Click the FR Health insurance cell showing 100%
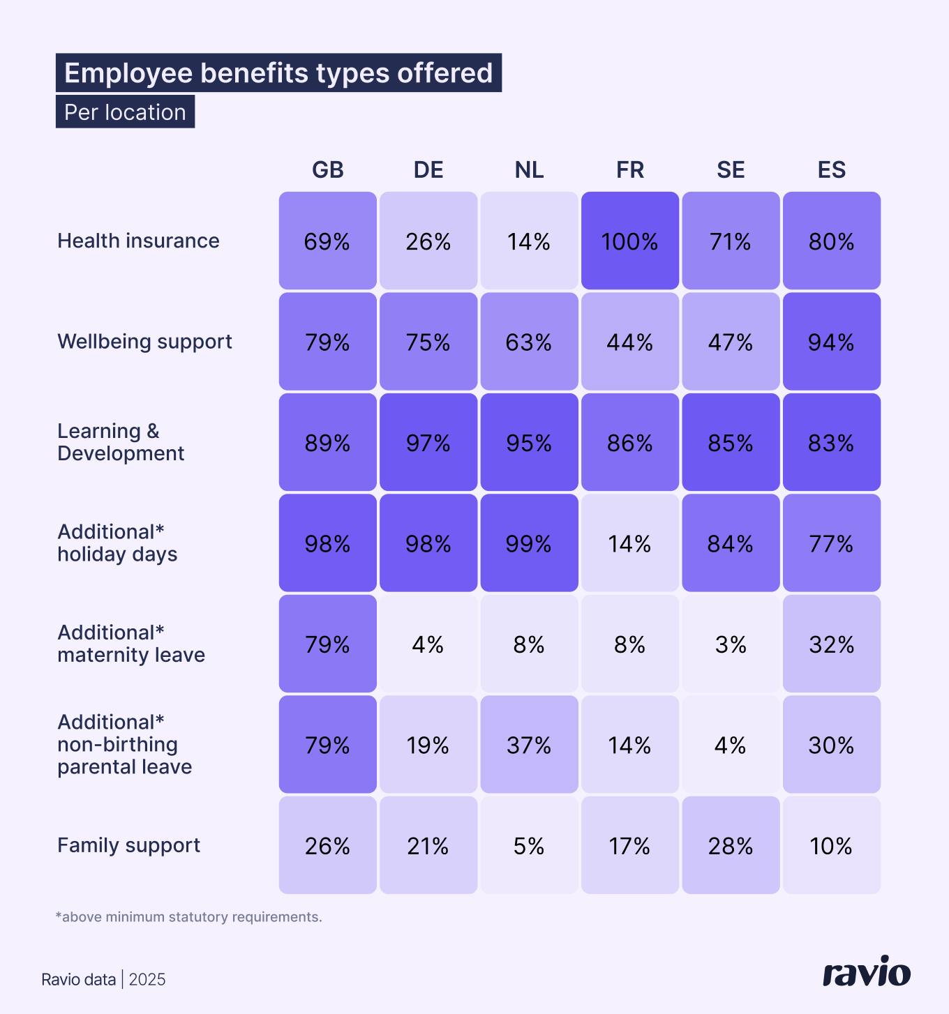point(629,241)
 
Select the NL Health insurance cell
point(529,241)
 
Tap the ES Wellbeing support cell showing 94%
point(831,342)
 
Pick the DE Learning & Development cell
point(428,442)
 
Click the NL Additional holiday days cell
point(529,543)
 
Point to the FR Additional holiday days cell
point(629,543)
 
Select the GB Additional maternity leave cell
point(328,644)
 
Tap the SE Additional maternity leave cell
point(731,644)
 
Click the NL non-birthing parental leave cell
point(529,745)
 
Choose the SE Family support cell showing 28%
point(731,845)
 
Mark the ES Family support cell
point(831,845)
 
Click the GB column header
point(328,169)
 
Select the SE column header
point(731,169)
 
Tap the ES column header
point(831,169)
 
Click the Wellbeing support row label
point(144,342)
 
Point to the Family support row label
point(128,845)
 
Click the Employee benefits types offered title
point(278,73)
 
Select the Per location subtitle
point(125,112)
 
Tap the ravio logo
point(867,972)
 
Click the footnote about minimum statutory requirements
point(188,917)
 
